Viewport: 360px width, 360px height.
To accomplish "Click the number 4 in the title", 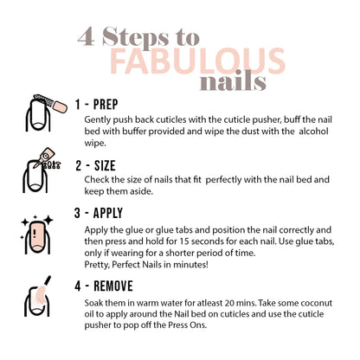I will click(87, 35).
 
